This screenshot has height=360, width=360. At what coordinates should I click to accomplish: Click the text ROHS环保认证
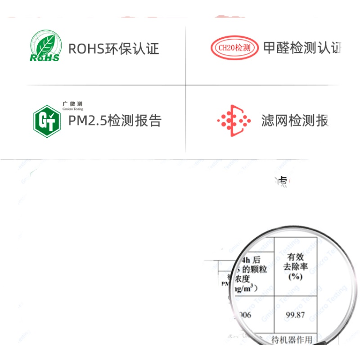coord(113,49)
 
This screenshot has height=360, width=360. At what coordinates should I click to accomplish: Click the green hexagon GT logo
coord(47,121)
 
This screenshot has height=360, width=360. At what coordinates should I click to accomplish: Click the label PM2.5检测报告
coord(114,121)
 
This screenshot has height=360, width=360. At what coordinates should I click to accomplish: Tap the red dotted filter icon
coord(234,121)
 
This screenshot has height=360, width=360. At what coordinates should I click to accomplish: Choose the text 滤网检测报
coord(295,121)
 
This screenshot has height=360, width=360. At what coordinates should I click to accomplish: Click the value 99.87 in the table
coord(295,315)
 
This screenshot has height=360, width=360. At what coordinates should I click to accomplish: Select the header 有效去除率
coord(295,261)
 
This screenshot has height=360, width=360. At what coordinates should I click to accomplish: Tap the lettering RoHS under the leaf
coord(44,58)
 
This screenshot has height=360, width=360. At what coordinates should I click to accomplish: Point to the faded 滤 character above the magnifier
coord(283,180)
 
